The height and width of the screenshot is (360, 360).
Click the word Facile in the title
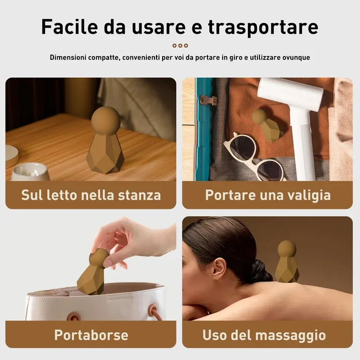click(70, 26)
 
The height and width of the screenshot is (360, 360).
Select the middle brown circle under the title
click(180, 45)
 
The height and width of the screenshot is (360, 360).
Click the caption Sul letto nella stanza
click(91, 195)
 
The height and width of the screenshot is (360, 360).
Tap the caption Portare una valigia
click(268, 195)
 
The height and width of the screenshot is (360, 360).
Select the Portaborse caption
click(91, 335)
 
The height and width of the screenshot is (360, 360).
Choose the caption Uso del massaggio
click(264, 335)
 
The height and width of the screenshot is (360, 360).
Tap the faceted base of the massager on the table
click(105, 153)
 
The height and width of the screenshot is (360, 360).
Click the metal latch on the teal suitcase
click(208, 100)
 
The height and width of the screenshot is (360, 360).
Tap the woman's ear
click(219, 269)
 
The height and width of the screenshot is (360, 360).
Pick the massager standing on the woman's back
click(287, 261)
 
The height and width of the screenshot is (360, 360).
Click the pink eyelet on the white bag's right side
click(153, 311)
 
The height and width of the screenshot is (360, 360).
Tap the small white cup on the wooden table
click(30, 172)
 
